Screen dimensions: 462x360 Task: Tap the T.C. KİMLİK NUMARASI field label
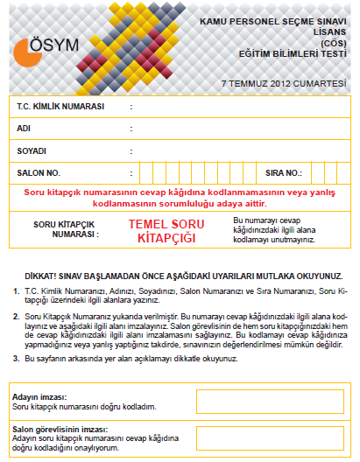[60, 107]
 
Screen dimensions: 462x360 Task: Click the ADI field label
[25, 128]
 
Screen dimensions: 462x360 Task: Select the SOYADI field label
[32, 150]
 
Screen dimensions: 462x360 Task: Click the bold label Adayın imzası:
[39, 397]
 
